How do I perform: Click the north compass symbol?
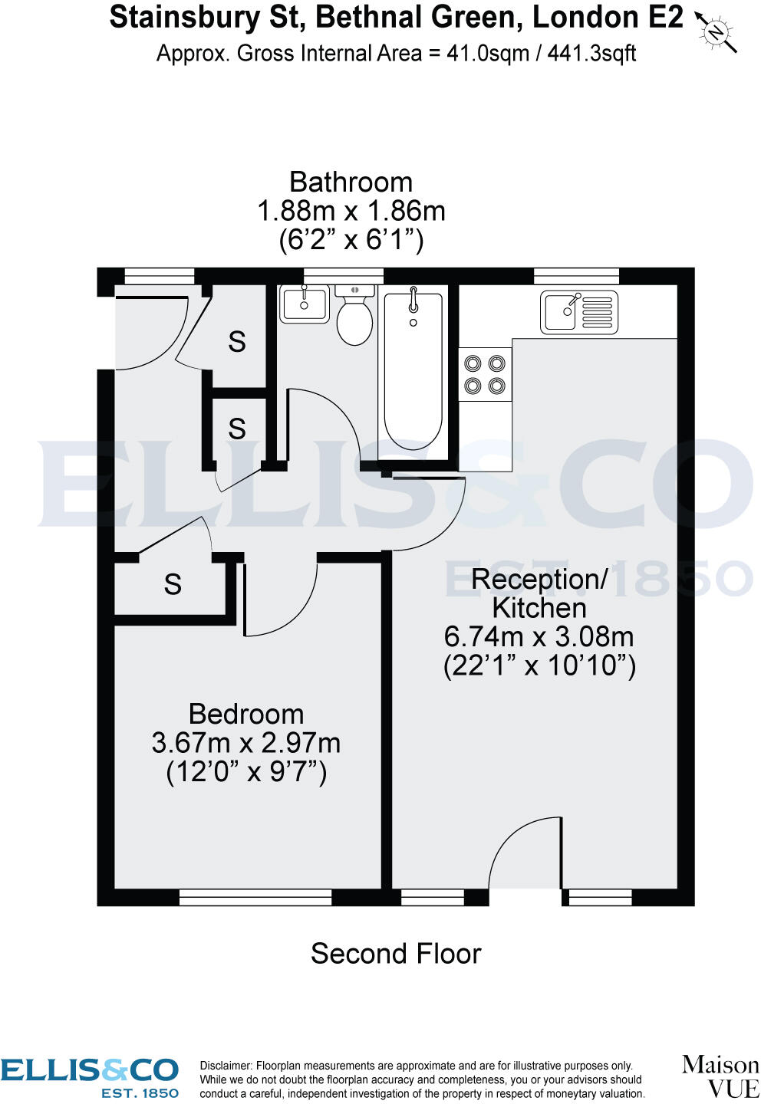tap(716, 31)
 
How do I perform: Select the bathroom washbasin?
tap(305, 304)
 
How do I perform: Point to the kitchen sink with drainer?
tap(579, 312)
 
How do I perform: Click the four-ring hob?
tap(485, 374)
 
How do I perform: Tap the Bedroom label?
tap(246, 715)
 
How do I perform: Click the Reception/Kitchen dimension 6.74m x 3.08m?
tap(539, 636)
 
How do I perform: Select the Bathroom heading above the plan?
tap(351, 182)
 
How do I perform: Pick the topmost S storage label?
tap(237, 342)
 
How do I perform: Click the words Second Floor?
tap(396, 954)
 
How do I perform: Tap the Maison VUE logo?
tap(720, 1076)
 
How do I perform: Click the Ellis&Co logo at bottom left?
tap(90, 1077)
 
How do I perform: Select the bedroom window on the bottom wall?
tap(255, 897)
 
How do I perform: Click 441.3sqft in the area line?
tap(591, 54)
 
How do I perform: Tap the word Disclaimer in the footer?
tap(226, 1066)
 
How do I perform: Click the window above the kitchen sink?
tap(576, 276)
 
